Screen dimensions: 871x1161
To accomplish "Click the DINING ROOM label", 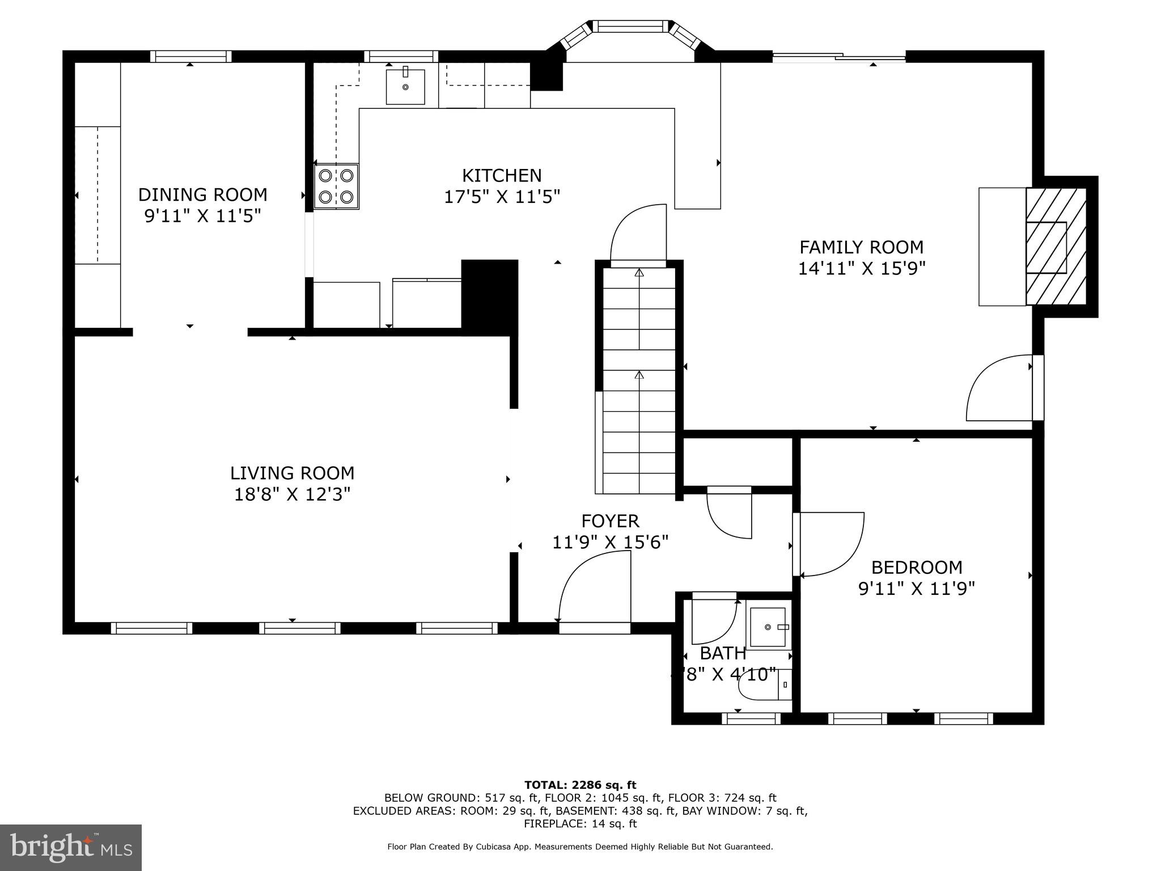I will coord(202,195).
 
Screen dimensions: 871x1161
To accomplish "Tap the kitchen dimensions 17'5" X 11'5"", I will coord(502,197).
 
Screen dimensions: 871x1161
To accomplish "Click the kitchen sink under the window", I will coord(405,87).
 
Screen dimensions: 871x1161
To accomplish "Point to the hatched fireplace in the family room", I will coord(1056,247).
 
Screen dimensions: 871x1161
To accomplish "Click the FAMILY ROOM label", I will coord(861,247).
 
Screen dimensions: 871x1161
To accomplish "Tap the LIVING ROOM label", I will coord(292,473).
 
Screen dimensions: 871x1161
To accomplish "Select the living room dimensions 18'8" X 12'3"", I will coord(292,494).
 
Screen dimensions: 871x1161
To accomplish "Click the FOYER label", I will coord(610,521).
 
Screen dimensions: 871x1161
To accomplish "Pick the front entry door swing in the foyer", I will coord(595,590).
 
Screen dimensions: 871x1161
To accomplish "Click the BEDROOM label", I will coord(916,567).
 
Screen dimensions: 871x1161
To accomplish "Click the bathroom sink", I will coord(768,627).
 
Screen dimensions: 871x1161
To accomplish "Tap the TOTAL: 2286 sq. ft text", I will coord(580,785).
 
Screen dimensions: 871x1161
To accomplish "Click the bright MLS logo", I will coord(71,847).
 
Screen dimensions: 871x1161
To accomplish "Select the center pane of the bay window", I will coord(630,26).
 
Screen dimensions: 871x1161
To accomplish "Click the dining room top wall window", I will coord(190,56).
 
